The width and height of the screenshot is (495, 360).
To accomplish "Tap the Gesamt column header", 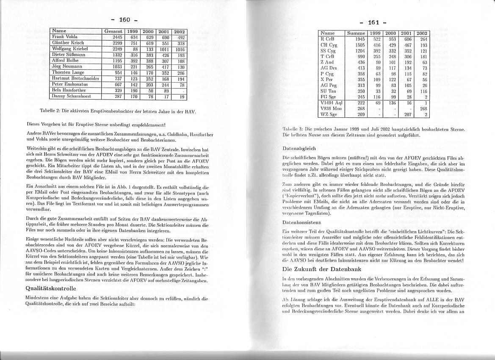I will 113,31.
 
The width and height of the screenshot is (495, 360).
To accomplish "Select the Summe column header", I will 355,33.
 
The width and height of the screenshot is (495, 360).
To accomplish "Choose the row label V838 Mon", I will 331,108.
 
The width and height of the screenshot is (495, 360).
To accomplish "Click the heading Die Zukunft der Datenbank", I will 321,269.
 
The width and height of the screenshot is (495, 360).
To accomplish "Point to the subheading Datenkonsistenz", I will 301,222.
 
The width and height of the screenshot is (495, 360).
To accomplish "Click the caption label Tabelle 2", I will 51,112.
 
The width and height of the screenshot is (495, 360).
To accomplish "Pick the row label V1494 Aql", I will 332,102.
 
